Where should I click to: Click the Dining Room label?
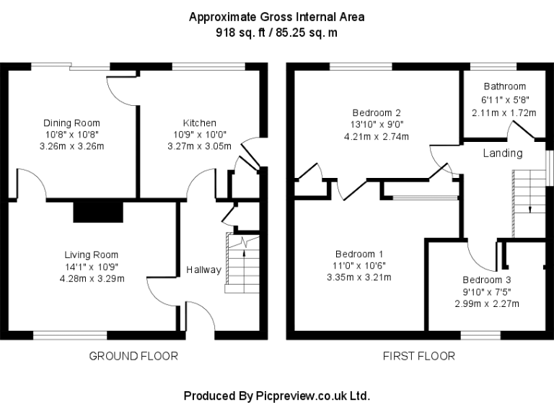click(71, 123)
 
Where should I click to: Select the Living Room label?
click(91, 254)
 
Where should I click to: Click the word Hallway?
click(203, 270)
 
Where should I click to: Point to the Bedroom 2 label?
click(377, 112)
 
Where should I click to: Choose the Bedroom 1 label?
click(359, 254)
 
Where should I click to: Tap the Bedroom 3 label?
click(487, 280)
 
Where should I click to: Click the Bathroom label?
click(505, 86)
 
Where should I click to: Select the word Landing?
click(503, 153)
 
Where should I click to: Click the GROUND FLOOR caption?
click(133, 356)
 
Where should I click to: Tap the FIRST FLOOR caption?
click(419, 356)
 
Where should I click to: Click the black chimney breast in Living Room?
click(99, 212)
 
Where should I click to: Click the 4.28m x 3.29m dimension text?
click(91, 278)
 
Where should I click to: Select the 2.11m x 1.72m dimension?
click(505, 112)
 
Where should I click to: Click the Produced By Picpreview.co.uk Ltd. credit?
click(277, 396)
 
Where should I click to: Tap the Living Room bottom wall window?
click(70, 334)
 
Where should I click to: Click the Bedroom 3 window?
click(480, 334)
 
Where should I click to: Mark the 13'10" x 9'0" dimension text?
click(377, 125)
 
